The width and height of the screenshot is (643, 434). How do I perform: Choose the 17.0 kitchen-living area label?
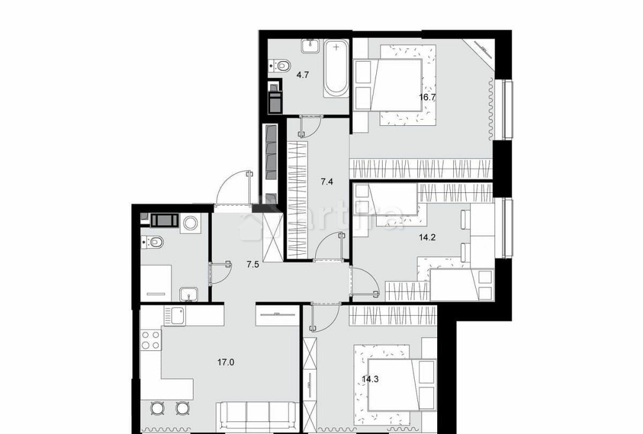(x=226, y=362)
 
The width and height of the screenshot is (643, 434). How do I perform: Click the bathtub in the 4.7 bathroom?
(x=336, y=69)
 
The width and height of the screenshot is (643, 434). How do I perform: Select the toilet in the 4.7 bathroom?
(x=280, y=64)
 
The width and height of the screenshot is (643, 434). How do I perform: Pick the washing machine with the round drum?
(x=191, y=222)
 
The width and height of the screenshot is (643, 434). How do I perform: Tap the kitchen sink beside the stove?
(x=176, y=316)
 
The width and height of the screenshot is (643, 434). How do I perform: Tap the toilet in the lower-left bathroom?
(x=154, y=242)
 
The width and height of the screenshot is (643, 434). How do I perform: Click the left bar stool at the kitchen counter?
(x=158, y=408)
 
